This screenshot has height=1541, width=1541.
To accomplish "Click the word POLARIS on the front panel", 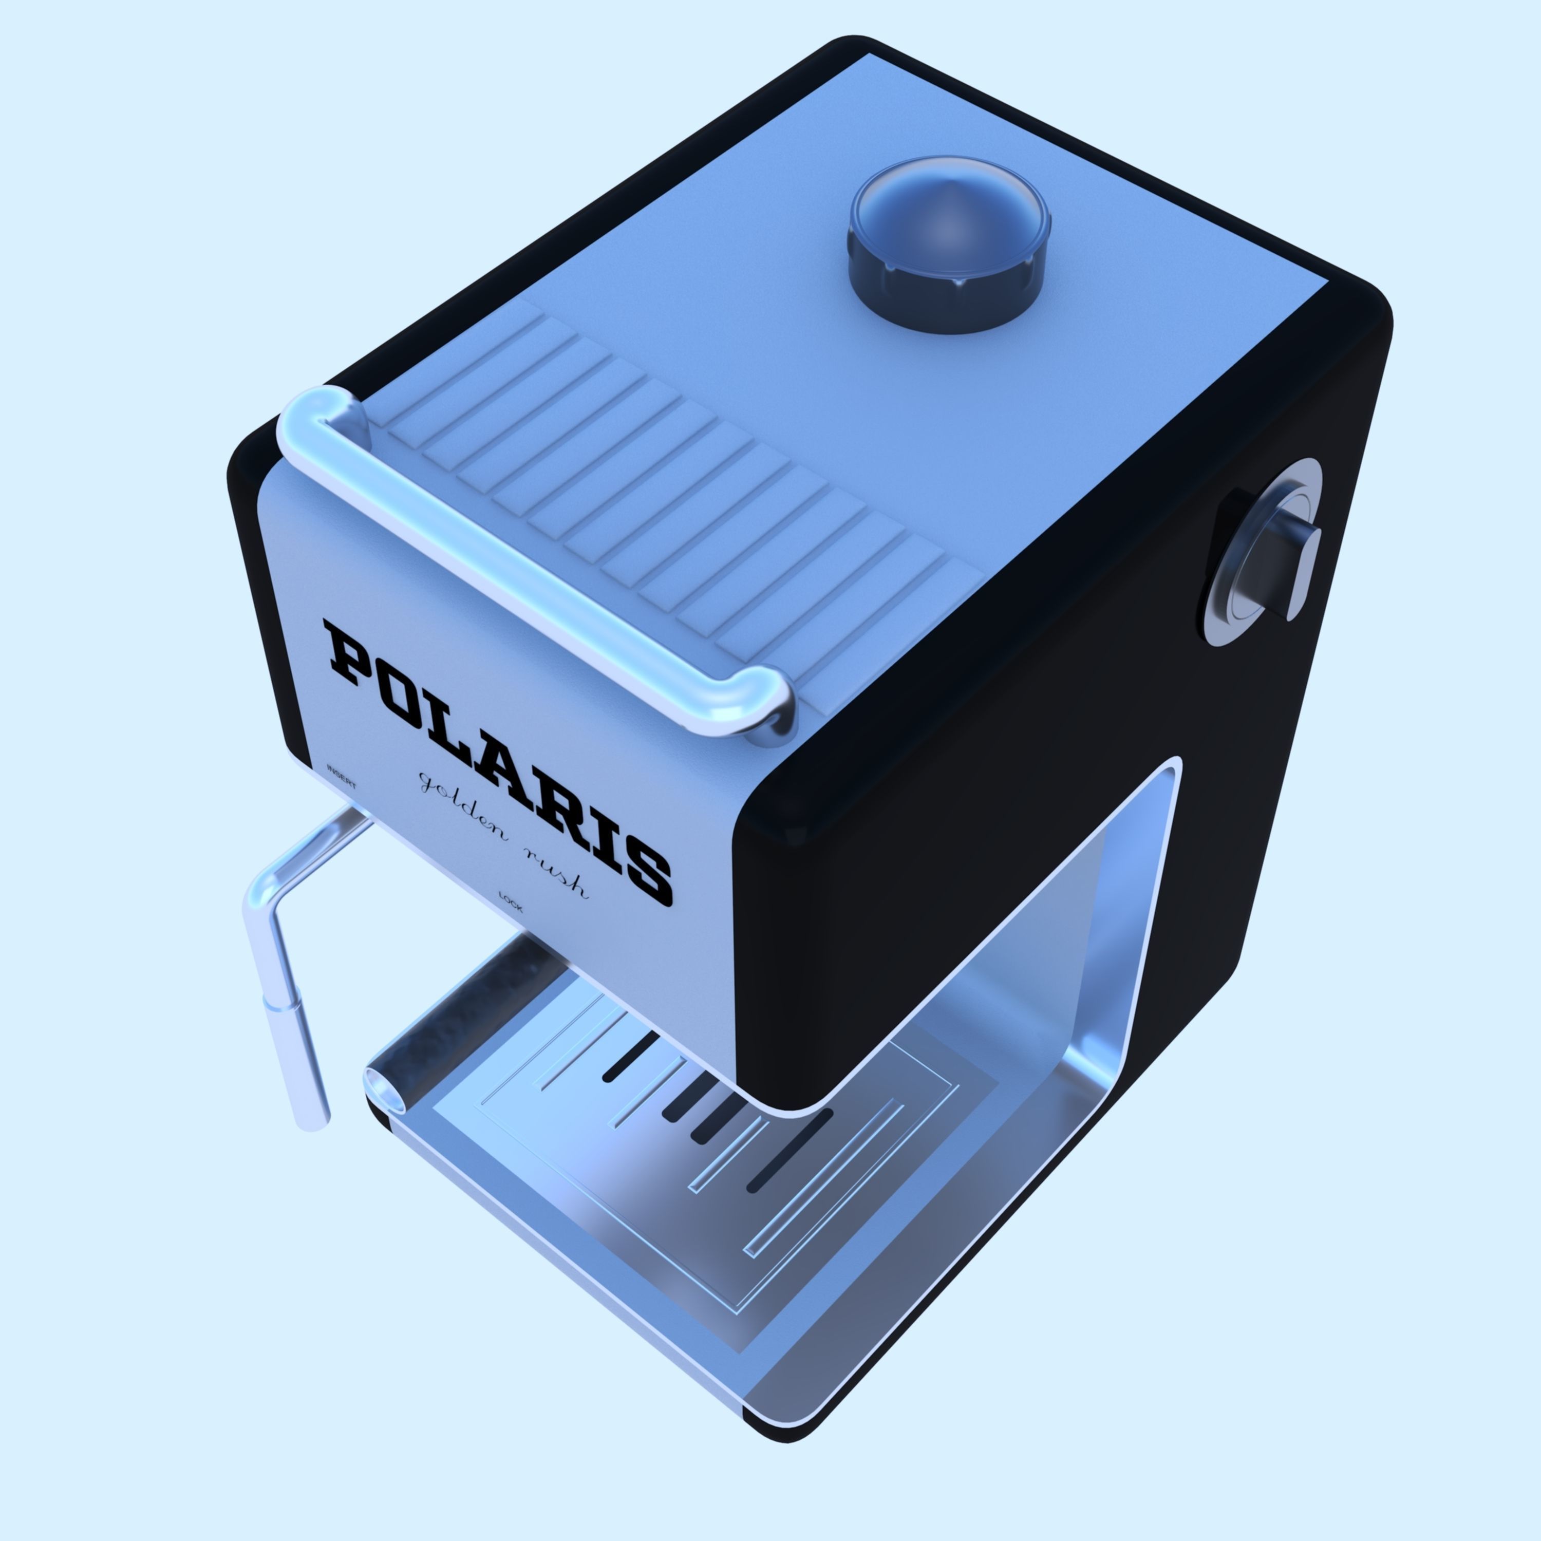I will (498, 763).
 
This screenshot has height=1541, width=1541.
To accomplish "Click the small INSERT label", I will (342, 775).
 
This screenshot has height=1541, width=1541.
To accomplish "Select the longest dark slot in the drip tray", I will (790, 1149).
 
